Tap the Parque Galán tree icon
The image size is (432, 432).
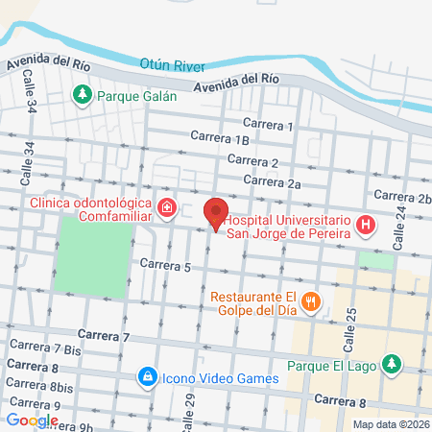click(83, 94)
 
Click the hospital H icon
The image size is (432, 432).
click(365, 226)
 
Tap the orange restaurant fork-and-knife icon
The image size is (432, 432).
click(310, 301)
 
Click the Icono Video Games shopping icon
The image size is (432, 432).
click(146, 377)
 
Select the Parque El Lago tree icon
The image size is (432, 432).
click(390, 364)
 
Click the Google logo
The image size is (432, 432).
click(32, 420)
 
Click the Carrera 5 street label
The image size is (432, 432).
click(165, 264)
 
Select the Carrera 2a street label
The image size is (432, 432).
click(273, 180)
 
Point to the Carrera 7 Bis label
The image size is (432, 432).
click(45, 348)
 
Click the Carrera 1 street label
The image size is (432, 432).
click(268, 125)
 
